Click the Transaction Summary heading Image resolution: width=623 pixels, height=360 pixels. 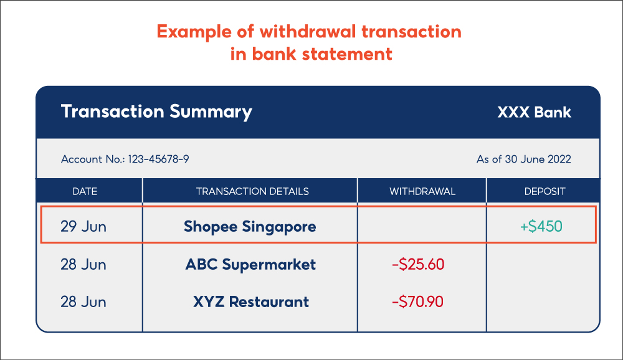[x=156, y=112]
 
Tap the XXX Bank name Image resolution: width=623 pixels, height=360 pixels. [x=534, y=113]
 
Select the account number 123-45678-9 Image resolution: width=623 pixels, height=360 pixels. [x=158, y=159]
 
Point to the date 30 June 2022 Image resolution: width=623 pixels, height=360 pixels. [x=538, y=159]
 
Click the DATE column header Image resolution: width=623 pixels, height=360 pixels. [x=85, y=191]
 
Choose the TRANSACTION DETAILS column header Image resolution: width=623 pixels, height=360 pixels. [x=252, y=191]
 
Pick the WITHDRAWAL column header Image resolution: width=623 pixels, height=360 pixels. [x=422, y=191]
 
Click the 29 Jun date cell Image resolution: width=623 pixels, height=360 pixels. [x=83, y=226]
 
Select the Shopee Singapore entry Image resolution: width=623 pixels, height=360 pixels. [x=250, y=227]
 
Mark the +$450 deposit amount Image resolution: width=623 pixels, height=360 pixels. [x=541, y=227]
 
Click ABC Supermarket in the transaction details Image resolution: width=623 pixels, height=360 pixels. [x=250, y=265]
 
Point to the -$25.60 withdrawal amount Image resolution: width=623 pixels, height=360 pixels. [x=418, y=265]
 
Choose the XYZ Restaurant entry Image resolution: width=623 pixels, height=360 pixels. [x=250, y=302]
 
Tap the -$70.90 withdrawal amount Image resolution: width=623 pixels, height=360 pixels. [x=417, y=302]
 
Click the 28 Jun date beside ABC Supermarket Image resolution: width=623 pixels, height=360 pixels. [x=83, y=265]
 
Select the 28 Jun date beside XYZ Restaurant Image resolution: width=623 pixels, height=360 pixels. [x=83, y=302]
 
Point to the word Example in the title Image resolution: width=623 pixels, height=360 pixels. [x=191, y=32]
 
